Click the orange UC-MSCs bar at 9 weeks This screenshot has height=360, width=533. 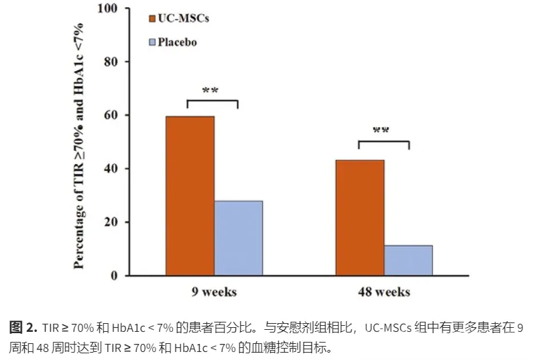190,196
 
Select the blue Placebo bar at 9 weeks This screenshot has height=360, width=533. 238,238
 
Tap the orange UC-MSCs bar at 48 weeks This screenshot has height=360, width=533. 360,218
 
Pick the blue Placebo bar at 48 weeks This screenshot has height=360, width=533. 408,260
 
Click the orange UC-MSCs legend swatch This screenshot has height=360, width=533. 152,19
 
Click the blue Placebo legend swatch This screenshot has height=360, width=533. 152,42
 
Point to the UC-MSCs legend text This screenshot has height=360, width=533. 184,19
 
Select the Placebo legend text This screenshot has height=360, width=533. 178,42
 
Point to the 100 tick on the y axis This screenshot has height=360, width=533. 107,9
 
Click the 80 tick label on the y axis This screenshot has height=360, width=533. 111,62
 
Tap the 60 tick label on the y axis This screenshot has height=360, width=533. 111,115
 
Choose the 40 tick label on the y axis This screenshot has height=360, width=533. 111,168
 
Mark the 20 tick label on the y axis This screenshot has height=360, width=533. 111,222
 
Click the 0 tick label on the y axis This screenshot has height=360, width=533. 114,276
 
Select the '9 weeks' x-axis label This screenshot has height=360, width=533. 213,292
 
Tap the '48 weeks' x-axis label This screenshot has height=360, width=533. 383,292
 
